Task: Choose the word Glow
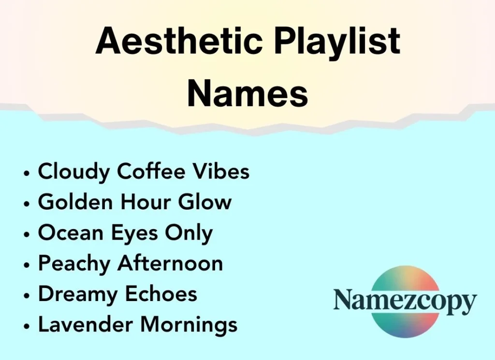pos(205,202)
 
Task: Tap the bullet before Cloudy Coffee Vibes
pos(28,173)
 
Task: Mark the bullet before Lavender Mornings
pos(28,326)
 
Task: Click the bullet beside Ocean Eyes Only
pos(28,234)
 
